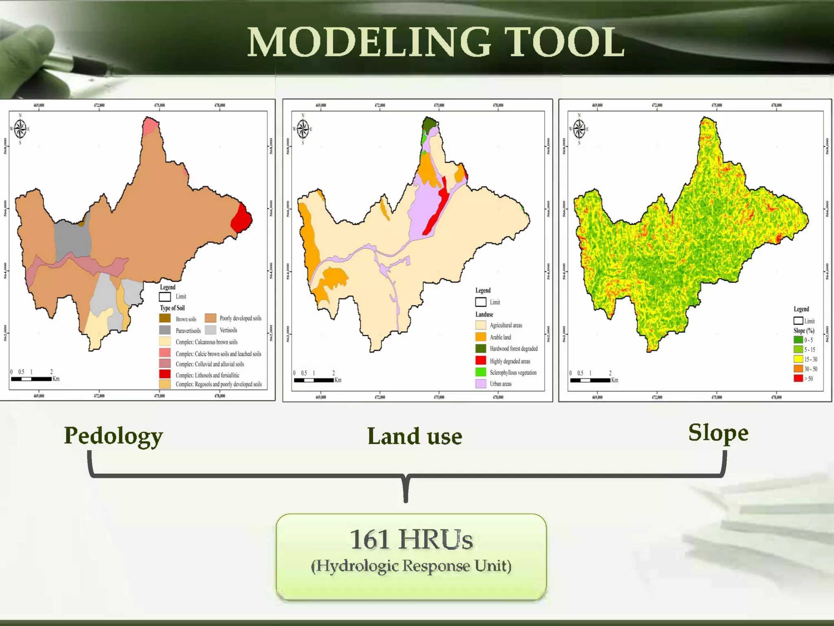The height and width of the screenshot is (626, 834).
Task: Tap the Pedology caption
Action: tap(113, 436)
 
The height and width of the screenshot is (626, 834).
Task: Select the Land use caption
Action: tap(415, 436)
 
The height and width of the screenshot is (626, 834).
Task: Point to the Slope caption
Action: tap(718, 433)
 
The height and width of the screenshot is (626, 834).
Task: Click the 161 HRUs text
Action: tap(411, 540)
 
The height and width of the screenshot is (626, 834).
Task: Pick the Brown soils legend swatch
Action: tap(165, 318)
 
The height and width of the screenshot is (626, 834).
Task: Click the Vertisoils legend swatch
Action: tap(210, 330)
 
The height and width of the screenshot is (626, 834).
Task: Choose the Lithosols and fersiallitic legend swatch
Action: tap(165, 374)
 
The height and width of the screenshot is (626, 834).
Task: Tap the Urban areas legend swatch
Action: tap(481, 384)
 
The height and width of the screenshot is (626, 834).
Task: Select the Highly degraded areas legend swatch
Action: tap(481, 361)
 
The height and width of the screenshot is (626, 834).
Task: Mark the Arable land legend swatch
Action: tap(481, 337)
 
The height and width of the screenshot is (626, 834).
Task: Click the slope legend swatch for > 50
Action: tap(798, 378)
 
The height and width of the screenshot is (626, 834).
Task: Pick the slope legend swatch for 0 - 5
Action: tap(798, 339)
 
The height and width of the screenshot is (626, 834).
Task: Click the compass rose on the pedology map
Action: tap(20, 129)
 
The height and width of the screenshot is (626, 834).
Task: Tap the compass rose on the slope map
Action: tap(579, 129)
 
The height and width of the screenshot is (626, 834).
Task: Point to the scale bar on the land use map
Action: tap(314, 380)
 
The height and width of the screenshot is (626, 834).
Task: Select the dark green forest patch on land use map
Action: tap(429, 123)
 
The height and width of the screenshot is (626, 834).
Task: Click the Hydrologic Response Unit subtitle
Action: tap(411, 566)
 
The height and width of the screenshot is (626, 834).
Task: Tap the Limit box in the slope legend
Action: tap(798, 321)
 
